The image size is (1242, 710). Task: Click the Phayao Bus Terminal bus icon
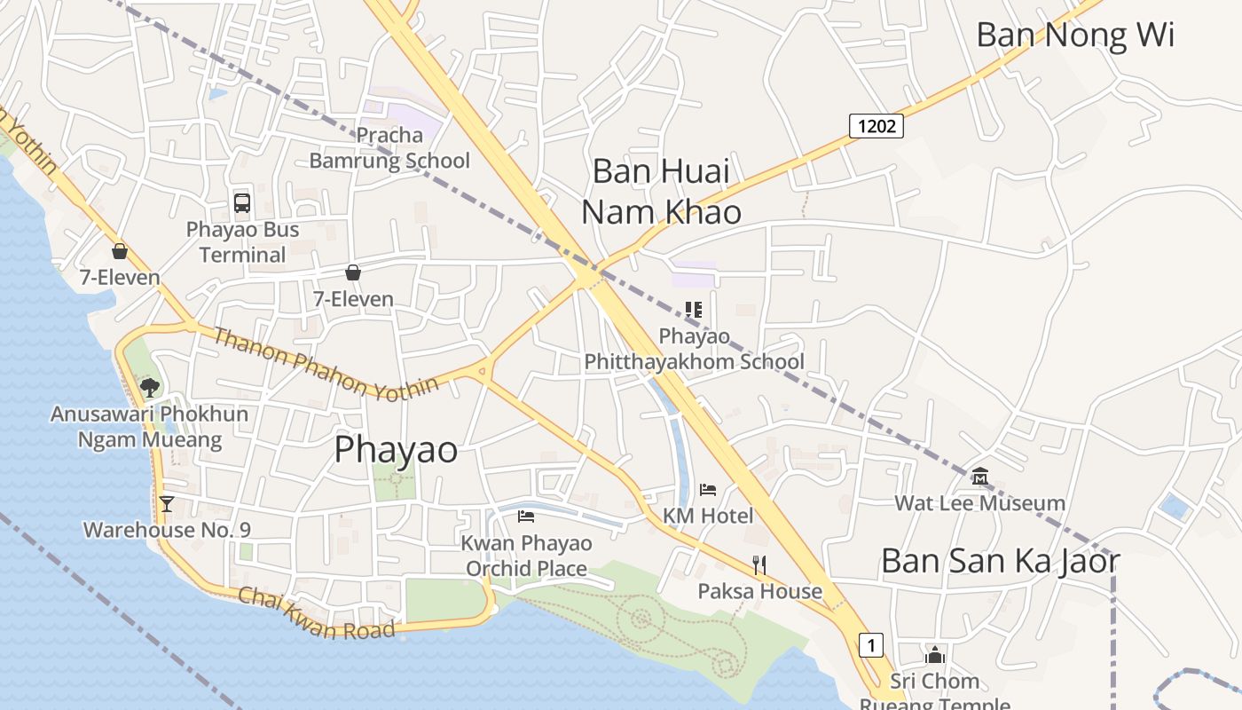click(242, 202)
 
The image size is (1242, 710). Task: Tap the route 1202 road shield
click(876, 126)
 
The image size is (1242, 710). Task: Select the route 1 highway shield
click(871, 645)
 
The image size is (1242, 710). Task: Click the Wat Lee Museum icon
click(980, 477)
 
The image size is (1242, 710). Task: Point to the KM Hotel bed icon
click(707, 489)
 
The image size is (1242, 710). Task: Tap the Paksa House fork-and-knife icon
click(759, 564)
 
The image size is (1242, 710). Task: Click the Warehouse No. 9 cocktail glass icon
click(166, 504)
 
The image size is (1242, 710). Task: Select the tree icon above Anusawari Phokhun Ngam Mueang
click(150, 387)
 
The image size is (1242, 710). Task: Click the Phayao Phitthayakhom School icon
click(694, 310)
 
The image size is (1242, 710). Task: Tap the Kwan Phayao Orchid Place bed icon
click(526, 516)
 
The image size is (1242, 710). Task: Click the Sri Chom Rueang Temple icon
click(935, 656)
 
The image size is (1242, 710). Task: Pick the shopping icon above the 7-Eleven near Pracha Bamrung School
click(353, 272)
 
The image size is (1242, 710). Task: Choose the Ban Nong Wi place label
click(1075, 35)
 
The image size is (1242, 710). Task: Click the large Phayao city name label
click(396, 450)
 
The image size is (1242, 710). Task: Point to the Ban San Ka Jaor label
click(1000, 561)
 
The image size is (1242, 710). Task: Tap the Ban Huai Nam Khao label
click(661, 191)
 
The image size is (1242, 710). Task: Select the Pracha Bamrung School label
click(389, 148)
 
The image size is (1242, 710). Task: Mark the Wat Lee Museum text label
click(979, 503)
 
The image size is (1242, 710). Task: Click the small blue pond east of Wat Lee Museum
click(1175, 507)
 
